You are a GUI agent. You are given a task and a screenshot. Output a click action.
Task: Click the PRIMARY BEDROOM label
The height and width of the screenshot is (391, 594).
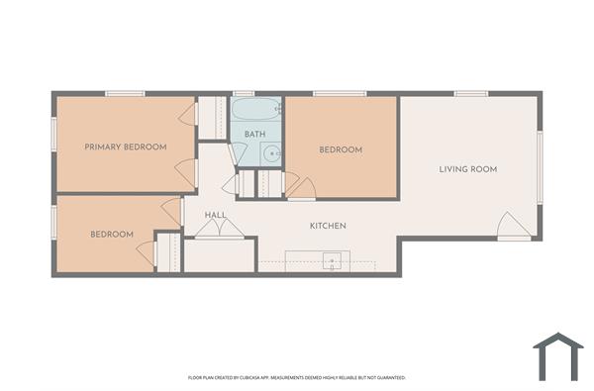tap(125, 147)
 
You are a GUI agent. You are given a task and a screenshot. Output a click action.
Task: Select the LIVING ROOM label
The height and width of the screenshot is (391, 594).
tap(467, 169)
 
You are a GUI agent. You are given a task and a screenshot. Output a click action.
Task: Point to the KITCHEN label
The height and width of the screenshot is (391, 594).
tap(328, 227)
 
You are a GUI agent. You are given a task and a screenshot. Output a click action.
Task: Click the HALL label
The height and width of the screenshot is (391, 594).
tap(216, 215)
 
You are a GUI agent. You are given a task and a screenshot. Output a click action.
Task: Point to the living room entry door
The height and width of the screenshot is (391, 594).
tap(513, 227)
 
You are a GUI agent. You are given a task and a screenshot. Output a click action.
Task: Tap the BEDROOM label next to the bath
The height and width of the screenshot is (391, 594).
tap(340, 149)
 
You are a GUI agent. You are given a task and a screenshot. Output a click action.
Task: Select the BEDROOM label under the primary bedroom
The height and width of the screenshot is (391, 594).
tap(111, 235)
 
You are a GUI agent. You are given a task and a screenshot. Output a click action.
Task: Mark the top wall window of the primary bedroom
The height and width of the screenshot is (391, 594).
tap(125, 94)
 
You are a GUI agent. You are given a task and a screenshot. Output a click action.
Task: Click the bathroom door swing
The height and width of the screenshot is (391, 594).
tap(238, 154)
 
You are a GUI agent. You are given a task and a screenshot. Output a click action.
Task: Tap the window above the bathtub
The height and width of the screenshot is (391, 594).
tap(244, 94)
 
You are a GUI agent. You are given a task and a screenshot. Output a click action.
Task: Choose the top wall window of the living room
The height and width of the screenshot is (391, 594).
tap(470, 94)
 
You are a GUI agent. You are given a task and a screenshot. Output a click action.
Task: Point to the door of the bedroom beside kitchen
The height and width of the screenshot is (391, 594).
tap(300, 186)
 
